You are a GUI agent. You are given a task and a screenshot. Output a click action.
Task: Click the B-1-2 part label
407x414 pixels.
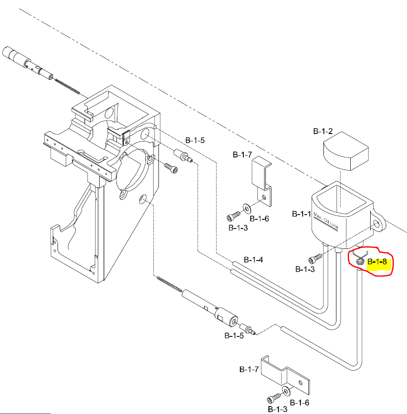pyautogui.click(x=323, y=131)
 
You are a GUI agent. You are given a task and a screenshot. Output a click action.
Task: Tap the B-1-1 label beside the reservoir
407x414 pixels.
pyautogui.click(x=301, y=214)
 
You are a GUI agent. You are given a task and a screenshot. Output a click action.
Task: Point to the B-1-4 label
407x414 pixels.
pyautogui.click(x=253, y=260)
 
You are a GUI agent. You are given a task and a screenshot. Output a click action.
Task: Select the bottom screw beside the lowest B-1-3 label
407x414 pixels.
pyautogui.click(x=272, y=398)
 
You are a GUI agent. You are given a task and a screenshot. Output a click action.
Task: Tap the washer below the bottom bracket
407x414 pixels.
pyautogui.click(x=286, y=391)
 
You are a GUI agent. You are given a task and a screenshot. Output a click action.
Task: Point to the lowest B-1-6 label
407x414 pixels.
pyautogui.click(x=299, y=403)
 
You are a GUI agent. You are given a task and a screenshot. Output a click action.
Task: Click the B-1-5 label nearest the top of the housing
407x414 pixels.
pyautogui.click(x=194, y=140)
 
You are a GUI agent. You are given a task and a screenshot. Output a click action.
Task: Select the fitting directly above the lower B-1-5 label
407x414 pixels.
pyautogui.click(x=247, y=328)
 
